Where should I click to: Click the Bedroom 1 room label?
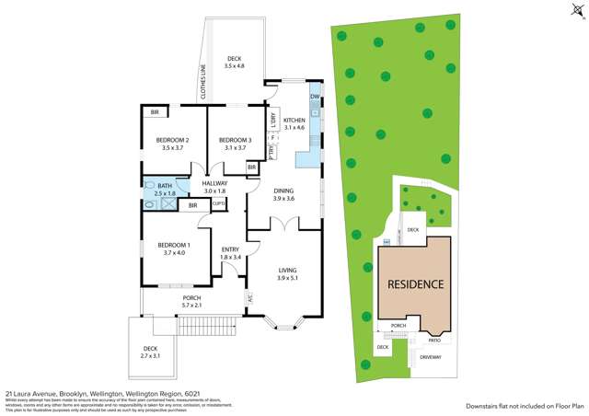(x=174, y=244)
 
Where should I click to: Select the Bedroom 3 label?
(x=235, y=139)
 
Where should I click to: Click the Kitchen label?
(x=294, y=121)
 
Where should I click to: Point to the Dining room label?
(x=283, y=191)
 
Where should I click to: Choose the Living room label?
(x=289, y=269)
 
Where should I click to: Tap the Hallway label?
(x=214, y=183)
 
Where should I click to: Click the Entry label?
(x=231, y=249)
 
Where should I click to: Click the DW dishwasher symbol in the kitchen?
(x=315, y=97)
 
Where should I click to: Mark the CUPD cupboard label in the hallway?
(x=218, y=205)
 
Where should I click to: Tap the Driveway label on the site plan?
(x=431, y=358)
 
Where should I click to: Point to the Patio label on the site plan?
(x=433, y=340)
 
